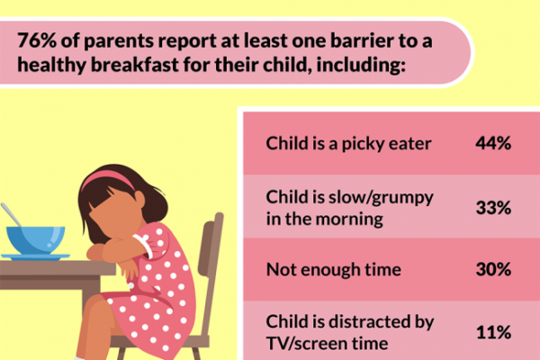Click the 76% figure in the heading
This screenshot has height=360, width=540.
coord(37,40)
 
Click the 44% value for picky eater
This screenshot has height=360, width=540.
coord(493,143)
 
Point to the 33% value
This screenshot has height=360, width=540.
coord(493,208)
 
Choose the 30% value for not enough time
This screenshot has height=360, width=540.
coord(493,269)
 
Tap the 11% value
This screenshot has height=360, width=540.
coord(493,332)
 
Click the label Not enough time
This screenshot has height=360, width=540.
coord(333,270)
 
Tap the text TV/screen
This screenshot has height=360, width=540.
coord(305,344)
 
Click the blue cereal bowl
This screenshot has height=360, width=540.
coord(35,239)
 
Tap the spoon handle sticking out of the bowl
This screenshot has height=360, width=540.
coord(11,214)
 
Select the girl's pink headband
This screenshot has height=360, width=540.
coord(108,180)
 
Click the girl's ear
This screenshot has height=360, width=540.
coord(139,199)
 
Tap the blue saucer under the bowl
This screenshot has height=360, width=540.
coord(35,256)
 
